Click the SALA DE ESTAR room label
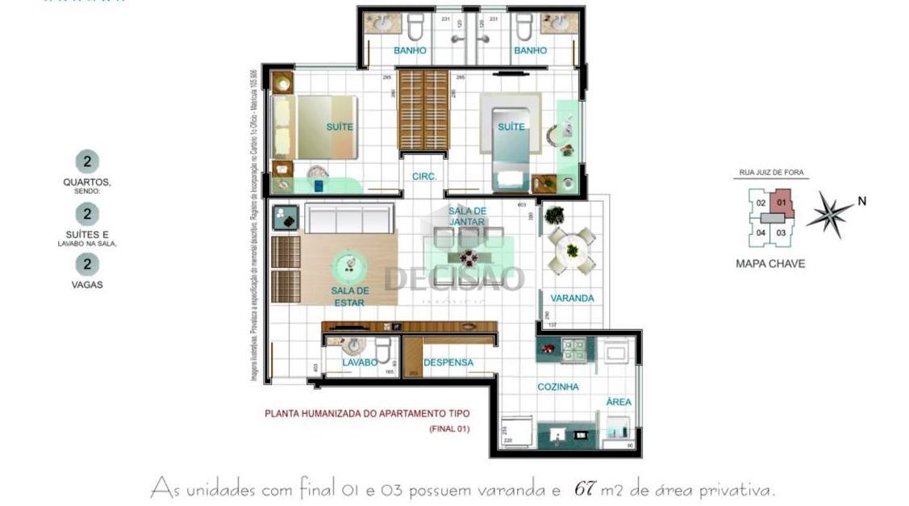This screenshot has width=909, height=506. (x=349, y=296)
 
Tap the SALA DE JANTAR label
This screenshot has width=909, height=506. (x=467, y=216)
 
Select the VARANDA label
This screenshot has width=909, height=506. (x=573, y=298)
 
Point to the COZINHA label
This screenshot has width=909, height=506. (x=558, y=387)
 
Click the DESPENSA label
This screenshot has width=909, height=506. (x=448, y=362)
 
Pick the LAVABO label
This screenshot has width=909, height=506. (x=360, y=362)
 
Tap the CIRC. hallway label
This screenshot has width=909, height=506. (x=424, y=176)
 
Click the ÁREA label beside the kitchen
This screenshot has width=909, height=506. (x=619, y=401)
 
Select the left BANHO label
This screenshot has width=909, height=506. (x=410, y=50)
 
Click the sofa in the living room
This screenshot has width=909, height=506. (x=350, y=219)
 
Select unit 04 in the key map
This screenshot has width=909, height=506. (x=760, y=232)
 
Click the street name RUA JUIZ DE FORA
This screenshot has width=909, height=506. (x=772, y=173)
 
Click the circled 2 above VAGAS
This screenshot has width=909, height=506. (x=86, y=264)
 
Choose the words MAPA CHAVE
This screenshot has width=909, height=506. (x=770, y=263)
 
